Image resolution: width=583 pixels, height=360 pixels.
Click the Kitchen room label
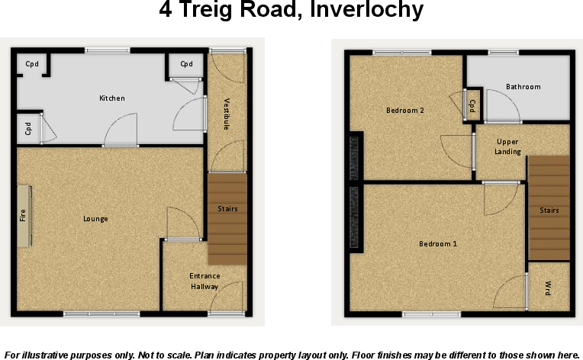[112, 98]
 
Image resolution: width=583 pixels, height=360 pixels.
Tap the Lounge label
[95, 219]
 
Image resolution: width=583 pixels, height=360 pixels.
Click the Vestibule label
[227, 114]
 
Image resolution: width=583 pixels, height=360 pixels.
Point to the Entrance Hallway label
[204, 281]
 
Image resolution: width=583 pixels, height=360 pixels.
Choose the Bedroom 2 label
[404, 111]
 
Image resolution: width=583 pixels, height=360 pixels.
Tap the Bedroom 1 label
[438, 244]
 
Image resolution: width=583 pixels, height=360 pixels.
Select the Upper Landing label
[508, 146]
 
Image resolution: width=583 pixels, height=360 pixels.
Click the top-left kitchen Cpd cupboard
[32, 64]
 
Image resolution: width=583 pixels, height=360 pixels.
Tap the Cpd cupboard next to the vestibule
[186, 64]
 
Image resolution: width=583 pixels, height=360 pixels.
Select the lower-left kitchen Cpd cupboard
[28, 129]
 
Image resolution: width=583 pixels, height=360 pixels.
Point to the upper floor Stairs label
[549, 211]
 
